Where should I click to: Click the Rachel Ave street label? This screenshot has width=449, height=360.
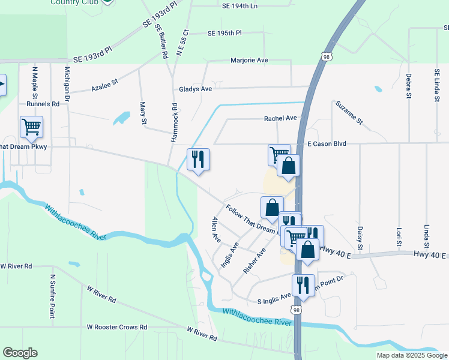click(x=280, y=118)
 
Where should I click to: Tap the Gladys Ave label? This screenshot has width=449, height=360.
click(x=196, y=89)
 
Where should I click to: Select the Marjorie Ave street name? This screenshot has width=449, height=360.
click(x=249, y=61)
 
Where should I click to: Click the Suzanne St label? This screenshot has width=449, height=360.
click(x=349, y=112)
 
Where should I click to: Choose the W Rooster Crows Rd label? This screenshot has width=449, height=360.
click(x=117, y=327)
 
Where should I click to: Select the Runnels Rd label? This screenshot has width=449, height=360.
click(x=47, y=104)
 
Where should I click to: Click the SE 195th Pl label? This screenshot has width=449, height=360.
click(x=224, y=34)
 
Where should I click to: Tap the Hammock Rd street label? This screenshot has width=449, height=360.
click(x=174, y=123)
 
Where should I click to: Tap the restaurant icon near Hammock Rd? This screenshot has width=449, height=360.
click(x=199, y=160)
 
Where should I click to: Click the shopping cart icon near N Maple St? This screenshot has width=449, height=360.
click(x=31, y=127)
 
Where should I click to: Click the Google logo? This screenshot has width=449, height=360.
click(x=20, y=353)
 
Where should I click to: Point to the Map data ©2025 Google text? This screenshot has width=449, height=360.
click(x=411, y=355)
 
